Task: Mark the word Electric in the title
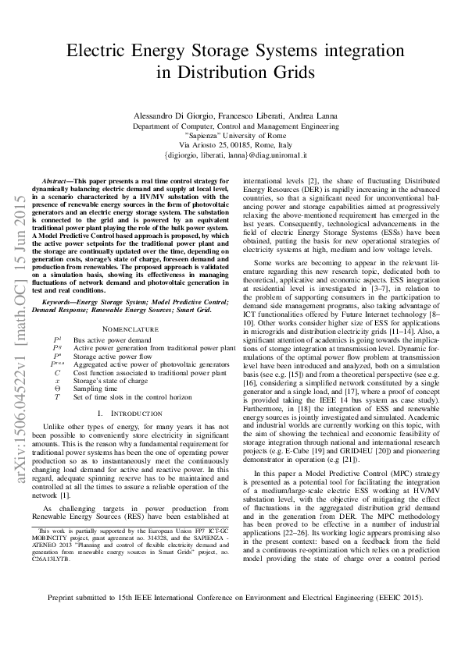(x=98, y=51)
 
